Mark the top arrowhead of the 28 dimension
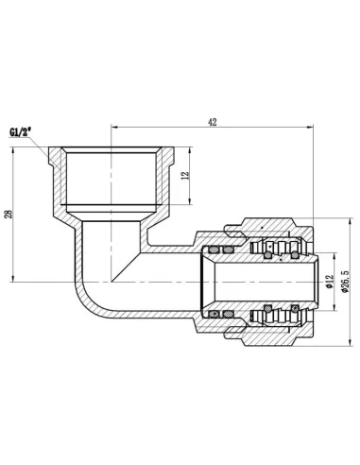(x=19, y=148)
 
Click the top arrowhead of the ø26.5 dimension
(x=341, y=226)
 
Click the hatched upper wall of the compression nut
(x=274, y=231)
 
